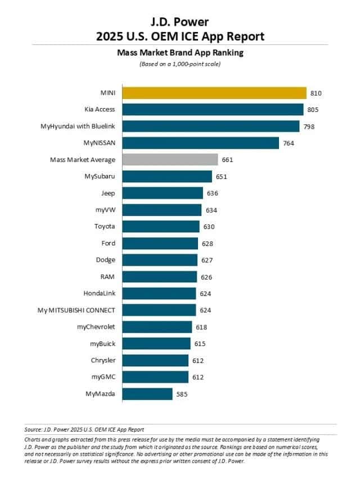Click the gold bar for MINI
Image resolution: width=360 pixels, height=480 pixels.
coord(214,93)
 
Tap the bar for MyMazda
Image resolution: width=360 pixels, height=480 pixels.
coord(147,394)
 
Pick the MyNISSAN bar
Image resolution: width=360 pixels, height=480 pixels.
coord(200,143)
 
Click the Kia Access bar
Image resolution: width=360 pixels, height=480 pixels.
coord(213,110)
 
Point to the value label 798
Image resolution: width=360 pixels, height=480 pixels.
coord(309,127)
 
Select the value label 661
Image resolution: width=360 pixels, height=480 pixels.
coord(227,160)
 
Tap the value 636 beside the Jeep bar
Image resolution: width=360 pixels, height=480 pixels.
coord(212,193)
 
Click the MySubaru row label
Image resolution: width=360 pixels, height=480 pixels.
coord(100,176)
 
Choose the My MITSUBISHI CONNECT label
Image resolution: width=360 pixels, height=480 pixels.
coord(76,310)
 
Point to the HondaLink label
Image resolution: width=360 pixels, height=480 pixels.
coord(99,293)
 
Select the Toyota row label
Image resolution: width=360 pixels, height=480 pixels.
coord(105,226)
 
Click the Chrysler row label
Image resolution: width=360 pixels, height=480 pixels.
coord(103,360)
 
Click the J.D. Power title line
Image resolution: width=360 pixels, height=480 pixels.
coord(179,22)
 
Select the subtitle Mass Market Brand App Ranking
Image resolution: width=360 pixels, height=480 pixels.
coord(179,53)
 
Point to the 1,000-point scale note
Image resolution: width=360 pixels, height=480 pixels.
coord(179,64)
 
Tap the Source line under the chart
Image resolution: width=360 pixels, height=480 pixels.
coord(84,429)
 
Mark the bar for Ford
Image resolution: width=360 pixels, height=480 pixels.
coord(160,243)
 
